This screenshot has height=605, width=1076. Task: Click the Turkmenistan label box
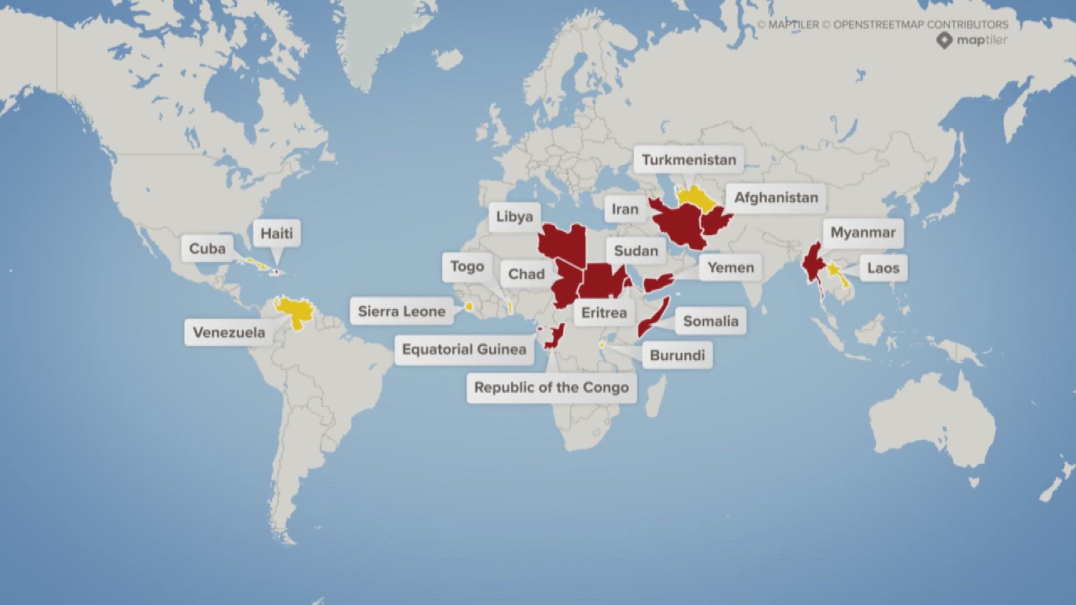(689, 160)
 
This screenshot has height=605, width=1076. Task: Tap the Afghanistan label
(776, 198)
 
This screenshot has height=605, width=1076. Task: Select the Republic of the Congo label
(551, 388)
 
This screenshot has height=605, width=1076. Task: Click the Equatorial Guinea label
(464, 350)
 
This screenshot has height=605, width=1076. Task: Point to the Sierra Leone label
(401, 311)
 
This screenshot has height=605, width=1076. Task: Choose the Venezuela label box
(229, 333)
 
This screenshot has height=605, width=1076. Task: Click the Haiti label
(276, 234)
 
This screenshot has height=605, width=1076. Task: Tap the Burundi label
(677, 356)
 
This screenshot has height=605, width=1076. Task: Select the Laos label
(883, 268)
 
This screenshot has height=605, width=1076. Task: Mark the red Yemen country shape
(658, 282)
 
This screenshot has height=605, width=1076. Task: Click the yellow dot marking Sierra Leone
(469, 306)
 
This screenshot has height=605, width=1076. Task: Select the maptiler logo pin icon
(944, 40)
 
